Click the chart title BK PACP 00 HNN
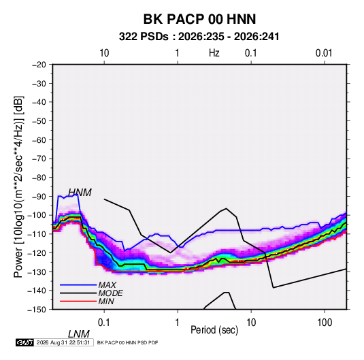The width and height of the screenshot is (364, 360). pyautogui.click(x=199, y=19)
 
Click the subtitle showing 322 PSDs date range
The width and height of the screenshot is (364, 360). pyautogui.click(x=199, y=37)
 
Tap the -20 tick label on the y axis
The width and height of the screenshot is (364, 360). pyautogui.click(x=39, y=65)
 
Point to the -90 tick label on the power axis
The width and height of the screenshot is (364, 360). pyautogui.click(x=39, y=197)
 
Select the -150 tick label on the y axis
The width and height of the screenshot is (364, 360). pyautogui.click(x=37, y=310)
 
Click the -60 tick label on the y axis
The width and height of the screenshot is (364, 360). pyautogui.click(x=39, y=140)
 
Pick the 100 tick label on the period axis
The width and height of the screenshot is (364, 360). pyautogui.click(x=325, y=323)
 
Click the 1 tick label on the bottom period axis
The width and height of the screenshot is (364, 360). pyautogui.click(x=178, y=323)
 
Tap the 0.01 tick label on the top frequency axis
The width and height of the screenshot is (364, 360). pyautogui.click(x=324, y=53)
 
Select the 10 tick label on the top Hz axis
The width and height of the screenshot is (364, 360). pyautogui.click(x=104, y=53)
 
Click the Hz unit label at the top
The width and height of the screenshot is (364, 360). pyautogui.click(x=214, y=53)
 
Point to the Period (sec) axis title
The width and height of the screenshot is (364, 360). pyautogui.click(x=214, y=330)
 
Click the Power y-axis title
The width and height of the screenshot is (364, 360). pyautogui.click(x=18, y=187)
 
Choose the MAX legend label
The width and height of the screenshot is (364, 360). pyautogui.click(x=107, y=284)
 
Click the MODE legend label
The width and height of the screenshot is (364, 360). pyautogui.click(x=110, y=293)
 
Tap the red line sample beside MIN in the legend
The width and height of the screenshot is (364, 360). pyautogui.click(x=78, y=301)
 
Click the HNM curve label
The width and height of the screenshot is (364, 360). pyautogui.click(x=80, y=193)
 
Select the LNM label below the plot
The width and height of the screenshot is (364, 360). pyautogui.click(x=79, y=334)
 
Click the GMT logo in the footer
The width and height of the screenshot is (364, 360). pyautogui.click(x=25, y=342)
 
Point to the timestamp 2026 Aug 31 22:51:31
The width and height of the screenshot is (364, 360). pyautogui.click(x=63, y=342)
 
